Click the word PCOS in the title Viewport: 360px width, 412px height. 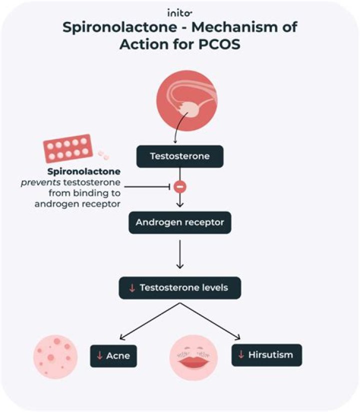tap(218, 43)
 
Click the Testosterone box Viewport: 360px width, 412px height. tap(180, 156)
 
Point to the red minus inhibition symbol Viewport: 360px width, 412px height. tap(180, 187)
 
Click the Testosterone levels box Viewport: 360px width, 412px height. tap(180, 287)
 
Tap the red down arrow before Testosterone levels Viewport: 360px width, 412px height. tap(132, 288)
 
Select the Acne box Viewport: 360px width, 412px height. tap(113, 356)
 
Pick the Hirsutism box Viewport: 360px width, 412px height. tap(267, 355)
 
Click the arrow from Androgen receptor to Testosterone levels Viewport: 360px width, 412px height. tap(180, 254)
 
